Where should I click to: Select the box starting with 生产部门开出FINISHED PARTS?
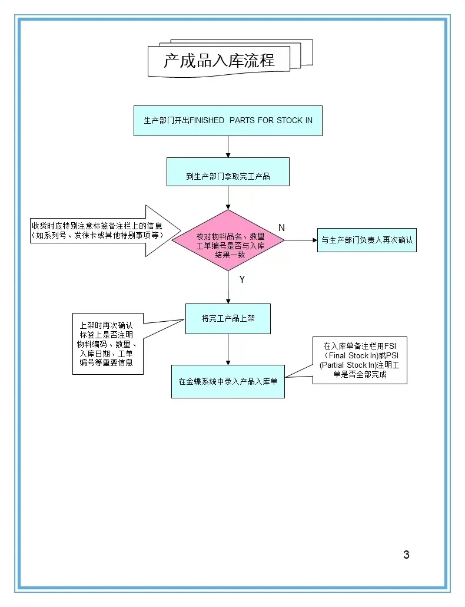click(x=228, y=120)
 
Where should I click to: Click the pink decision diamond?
click(x=228, y=240)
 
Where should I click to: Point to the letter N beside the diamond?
click(x=281, y=227)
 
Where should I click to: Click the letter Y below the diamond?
click(x=241, y=280)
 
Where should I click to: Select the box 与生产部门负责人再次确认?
click(x=367, y=240)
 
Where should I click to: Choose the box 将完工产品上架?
click(x=228, y=318)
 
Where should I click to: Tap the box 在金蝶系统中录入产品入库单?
click(x=228, y=381)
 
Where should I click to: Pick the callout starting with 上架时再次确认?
click(x=108, y=344)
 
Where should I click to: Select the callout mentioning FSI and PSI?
click(x=359, y=360)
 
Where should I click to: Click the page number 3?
click(x=406, y=554)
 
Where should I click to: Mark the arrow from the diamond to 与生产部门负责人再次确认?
click(x=301, y=240)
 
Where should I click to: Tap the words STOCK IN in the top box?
click(x=294, y=120)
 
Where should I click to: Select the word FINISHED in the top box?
click(x=207, y=120)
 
